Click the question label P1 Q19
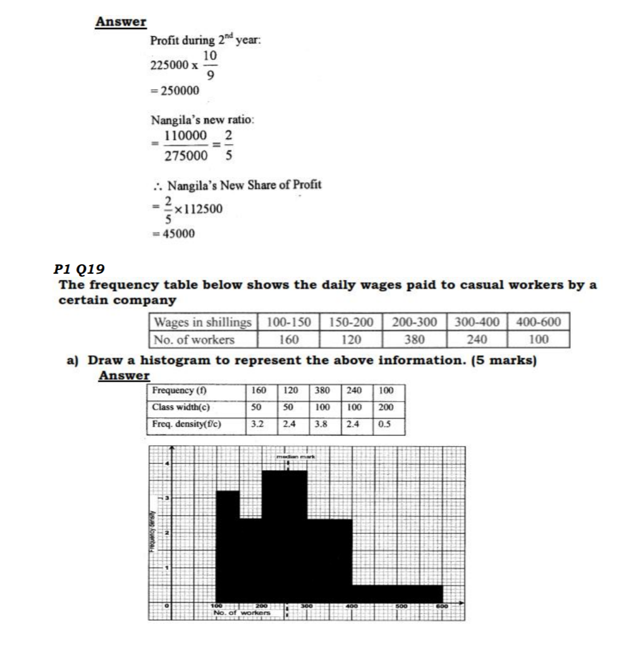pos(79,269)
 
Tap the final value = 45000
pos(175,234)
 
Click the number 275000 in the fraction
pos(186,157)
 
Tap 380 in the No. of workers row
pos(414,339)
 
